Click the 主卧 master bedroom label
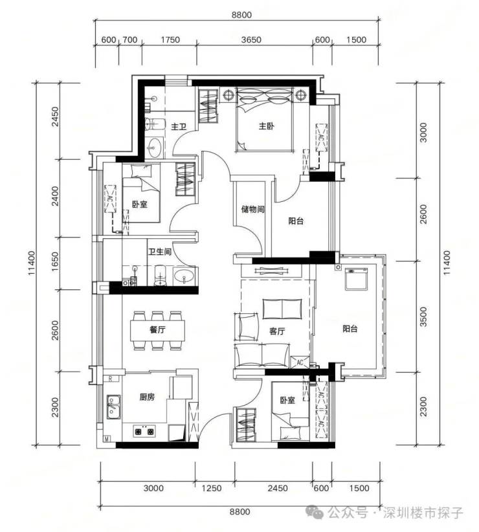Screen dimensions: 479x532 pos(266,126)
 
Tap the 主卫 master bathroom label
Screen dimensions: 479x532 pos(179,127)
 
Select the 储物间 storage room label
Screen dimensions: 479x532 pos(252,209)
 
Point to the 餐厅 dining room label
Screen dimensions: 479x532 pos(158,329)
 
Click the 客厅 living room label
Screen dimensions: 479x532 pos(277,331)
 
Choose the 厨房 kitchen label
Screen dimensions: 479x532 pos(147,397)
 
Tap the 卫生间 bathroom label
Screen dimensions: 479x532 pos(159,252)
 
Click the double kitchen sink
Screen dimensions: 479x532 pos(113,407)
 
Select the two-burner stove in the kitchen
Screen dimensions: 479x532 pos(144,432)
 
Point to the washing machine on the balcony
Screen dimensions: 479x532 pos(356,279)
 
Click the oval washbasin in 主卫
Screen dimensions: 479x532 pos(155,148)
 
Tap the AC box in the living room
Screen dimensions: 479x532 pos(300,362)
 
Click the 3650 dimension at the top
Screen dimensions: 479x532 pos(251,39)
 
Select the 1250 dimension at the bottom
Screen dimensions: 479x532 pos(212,488)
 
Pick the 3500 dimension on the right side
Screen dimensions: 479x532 pos(424,316)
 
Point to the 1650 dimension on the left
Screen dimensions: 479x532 pos(55,261)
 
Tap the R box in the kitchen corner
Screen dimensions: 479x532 pos(110,379)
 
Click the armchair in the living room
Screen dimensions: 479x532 pos(245,327)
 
